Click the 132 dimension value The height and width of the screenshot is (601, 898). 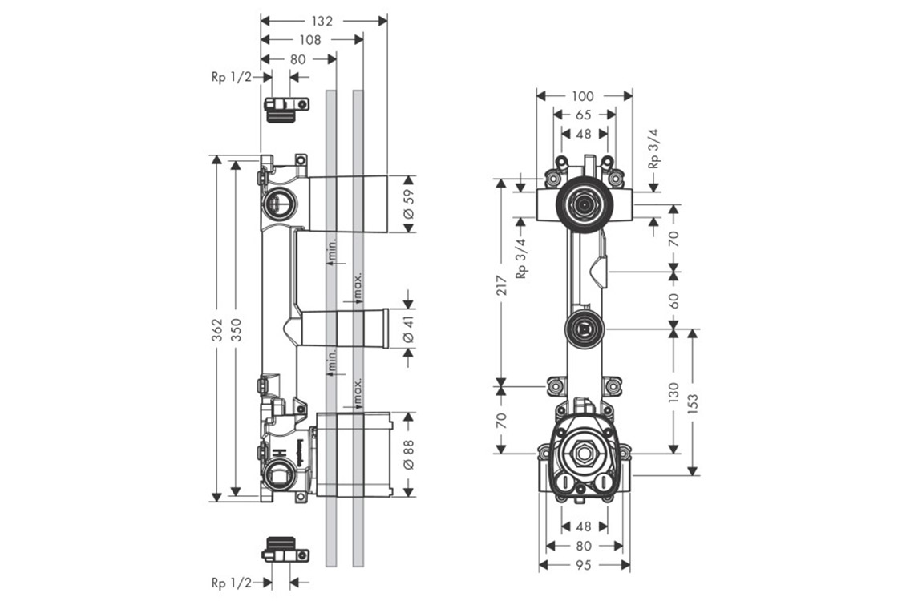click(x=323, y=19)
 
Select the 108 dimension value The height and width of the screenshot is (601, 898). click(x=310, y=39)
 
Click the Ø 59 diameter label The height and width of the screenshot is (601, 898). click(x=408, y=204)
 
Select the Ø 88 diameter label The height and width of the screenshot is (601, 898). click(x=408, y=454)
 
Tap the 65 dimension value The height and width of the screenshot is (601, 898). click(x=584, y=115)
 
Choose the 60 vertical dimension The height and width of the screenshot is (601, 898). click(x=673, y=300)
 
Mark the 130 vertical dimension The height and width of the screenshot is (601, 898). click(x=673, y=391)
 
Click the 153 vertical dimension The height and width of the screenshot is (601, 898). click(x=694, y=401)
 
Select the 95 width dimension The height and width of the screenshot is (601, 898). click(x=584, y=566)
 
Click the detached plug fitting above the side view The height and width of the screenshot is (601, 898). click(x=285, y=107)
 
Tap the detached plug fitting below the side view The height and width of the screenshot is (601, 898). click(x=285, y=550)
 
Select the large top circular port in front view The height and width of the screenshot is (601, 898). click(x=583, y=205)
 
